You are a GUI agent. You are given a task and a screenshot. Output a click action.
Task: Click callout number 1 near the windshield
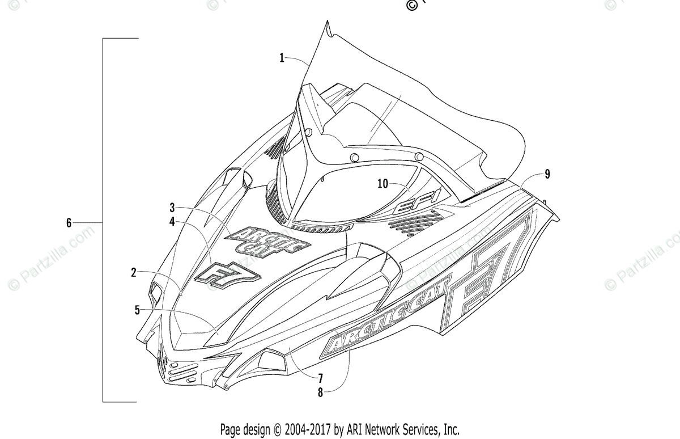point(282,57)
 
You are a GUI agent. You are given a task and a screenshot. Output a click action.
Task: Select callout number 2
point(134,272)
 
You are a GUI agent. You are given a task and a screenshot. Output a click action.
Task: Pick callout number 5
point(137,310)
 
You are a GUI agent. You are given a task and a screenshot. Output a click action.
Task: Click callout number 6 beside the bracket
point(69,223)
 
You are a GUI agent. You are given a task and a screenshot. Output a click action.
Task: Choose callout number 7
point(320,377)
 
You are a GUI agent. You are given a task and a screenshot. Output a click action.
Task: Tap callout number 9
point(547,174)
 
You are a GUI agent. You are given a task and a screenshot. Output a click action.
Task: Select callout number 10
point(382,183)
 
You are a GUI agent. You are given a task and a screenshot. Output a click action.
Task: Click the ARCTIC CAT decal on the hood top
point(267,242)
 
